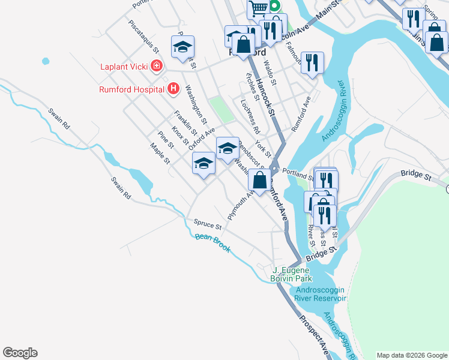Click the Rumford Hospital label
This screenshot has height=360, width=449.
pos(131,90)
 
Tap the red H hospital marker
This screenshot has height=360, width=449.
pos(173,89)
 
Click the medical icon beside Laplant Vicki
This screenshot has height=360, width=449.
pos(157,65)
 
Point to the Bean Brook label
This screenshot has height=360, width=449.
pos(212,242)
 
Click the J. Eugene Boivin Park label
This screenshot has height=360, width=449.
pos(293,274)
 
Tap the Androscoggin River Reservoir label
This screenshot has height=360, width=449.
pos(321,294)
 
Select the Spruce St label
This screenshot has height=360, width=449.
pos(208,224)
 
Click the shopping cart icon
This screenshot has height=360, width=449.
pos(258,8)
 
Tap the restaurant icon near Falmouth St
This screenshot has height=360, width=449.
pos(312,62)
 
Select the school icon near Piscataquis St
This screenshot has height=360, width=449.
pos(183,47)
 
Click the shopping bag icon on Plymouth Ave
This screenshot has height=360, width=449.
pos(259,180)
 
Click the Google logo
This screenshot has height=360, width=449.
pos(20,353)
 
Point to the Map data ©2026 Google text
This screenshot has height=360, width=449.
pos(411,355)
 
